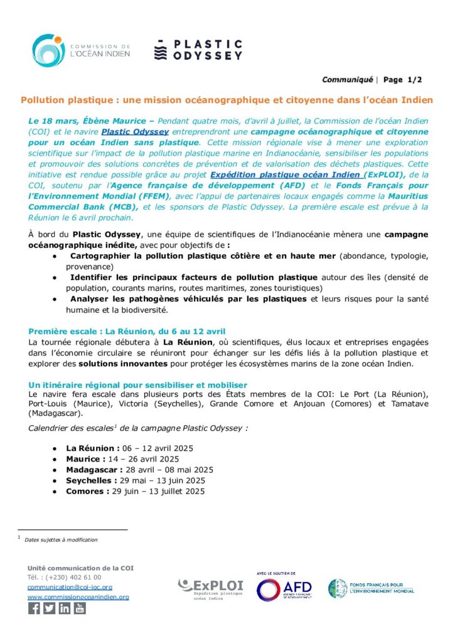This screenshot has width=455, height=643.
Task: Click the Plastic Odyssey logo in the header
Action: (x=198, y=50)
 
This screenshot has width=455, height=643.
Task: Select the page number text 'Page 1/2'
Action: (x=402, y=80)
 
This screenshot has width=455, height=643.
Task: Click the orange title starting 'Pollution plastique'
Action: (x=227, y=100)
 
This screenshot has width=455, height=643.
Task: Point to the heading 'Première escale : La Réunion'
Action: (x=127, y=331)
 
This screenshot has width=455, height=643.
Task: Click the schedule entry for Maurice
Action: (x=122, y=459)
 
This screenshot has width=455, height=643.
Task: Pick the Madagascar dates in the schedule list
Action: (x=139, y=470)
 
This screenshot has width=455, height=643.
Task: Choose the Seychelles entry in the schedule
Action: (x=136, y=480)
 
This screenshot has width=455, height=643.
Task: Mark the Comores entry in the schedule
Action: (x=136, y=491)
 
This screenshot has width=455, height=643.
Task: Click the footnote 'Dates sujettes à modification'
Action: (x=61, y=539)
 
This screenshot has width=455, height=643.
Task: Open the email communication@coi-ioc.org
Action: (x=70, y=587)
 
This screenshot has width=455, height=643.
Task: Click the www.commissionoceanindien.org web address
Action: (x=78, y=597)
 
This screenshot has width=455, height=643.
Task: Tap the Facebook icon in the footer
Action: (x=34, y=608)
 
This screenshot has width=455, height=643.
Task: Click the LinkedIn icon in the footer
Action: (x=65, y=608)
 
